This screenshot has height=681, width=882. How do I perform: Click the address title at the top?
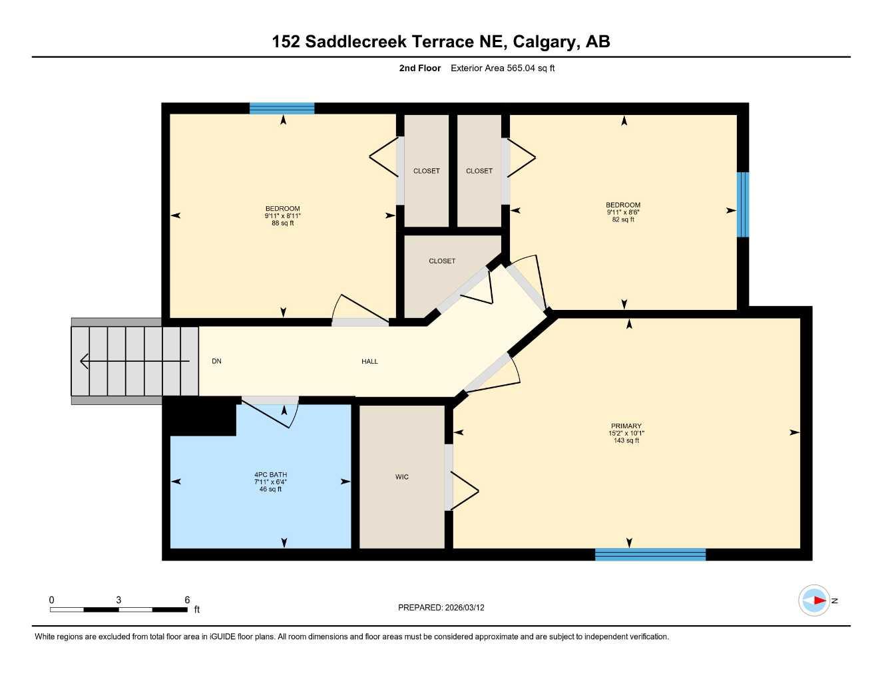tap(441, 41)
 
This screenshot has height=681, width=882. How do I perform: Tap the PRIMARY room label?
tap(626, 426)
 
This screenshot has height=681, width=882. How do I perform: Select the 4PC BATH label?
tap(270, 475)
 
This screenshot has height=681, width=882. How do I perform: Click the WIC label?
tap(401, 477)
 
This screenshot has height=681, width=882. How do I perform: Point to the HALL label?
tap(369, 361)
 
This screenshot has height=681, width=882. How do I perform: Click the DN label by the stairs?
tap(216, 361)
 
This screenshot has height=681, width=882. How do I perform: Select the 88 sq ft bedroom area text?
tap(282, 223)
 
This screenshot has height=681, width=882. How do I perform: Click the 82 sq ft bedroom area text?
tap(623, 219)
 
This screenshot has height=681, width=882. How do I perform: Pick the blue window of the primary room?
tap(650, 555)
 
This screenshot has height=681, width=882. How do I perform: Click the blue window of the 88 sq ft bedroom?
tap(282, 108)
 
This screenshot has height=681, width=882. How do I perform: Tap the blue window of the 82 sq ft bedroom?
tap(742, 205)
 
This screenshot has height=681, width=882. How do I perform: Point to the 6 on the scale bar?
tap(187, 600)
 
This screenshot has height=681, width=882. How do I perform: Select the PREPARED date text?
tap(441, 607)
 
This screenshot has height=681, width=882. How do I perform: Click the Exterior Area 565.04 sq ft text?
tap(503, 68)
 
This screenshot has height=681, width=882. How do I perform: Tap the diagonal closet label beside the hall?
tap(442, 261)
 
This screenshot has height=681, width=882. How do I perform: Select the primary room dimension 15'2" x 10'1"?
tap(626, 433)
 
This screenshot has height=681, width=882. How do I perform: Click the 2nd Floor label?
tap(419, 68)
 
